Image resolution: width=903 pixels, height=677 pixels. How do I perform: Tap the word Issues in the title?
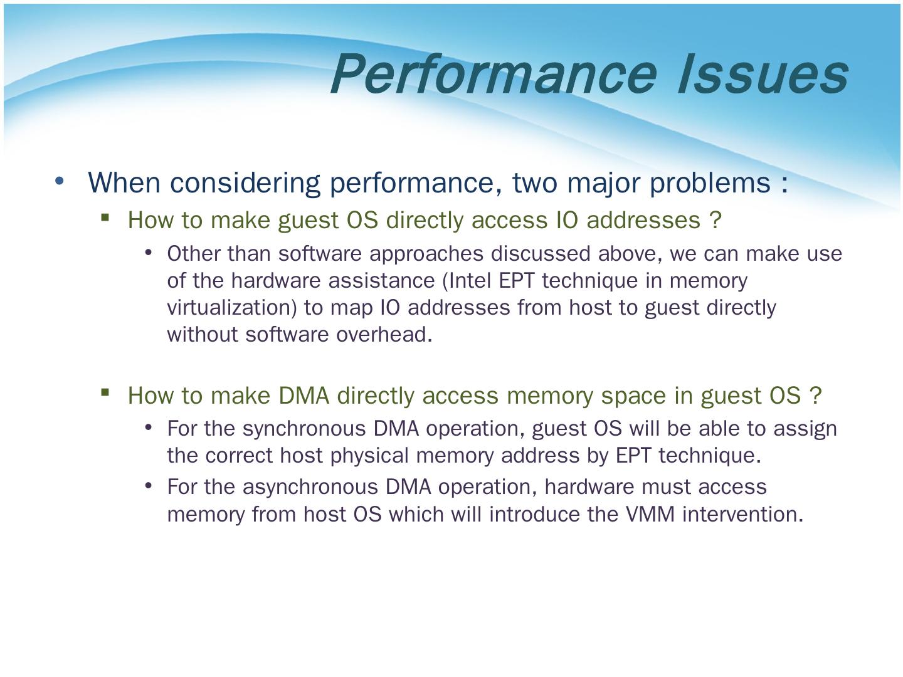pos(763,74)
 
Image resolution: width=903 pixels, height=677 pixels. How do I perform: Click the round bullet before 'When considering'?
pos(60,181)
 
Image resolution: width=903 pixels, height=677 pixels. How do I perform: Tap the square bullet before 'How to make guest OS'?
pos(105,218)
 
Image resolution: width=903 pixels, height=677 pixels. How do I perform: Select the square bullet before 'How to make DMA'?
pos(105,393)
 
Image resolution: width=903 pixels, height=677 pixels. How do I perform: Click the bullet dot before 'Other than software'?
pos(149,253)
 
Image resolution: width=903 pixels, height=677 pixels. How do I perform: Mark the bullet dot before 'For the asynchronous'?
pos(149,486)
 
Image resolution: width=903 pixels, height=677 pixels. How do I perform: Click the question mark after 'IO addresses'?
pos(716,220)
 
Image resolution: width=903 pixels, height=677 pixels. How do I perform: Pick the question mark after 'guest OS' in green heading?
pos(815,396)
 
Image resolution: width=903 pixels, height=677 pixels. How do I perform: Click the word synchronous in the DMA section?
pos(304,429)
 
